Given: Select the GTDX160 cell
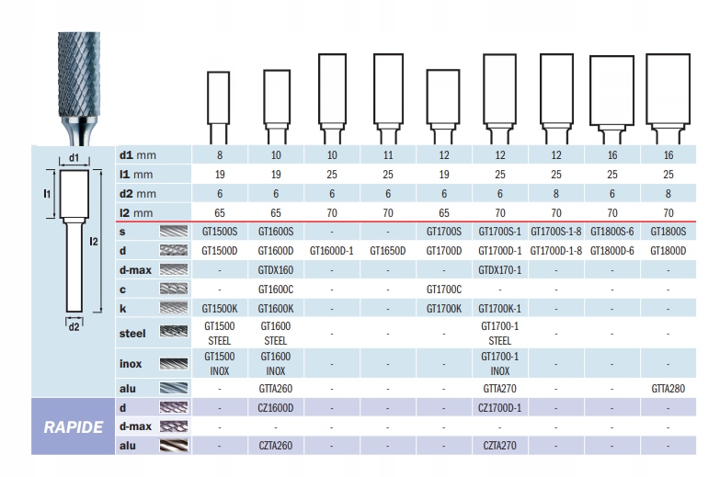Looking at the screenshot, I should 275,270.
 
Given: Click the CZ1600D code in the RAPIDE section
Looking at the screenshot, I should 275,407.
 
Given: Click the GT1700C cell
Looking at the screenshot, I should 444,290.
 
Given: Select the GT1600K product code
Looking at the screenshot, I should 275,309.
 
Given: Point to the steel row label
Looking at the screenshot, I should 132,333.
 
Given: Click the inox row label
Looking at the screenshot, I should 131,364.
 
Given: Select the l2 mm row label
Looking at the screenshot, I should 140,212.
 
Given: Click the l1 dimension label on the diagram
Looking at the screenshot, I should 46,194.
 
